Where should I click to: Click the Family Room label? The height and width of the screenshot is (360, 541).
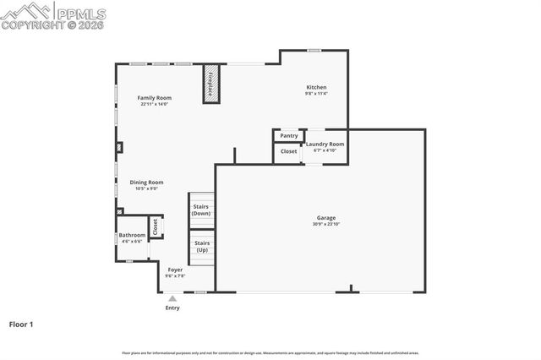pyautogui.click(x=155, y=98)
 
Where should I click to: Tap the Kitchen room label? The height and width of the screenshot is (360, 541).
pyautogui.click(x=316, y=87)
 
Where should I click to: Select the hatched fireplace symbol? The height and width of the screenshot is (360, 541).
pyautogui.click(x=211, y=85)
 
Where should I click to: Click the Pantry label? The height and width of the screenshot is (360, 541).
pyautogui.click(x=289, y=135)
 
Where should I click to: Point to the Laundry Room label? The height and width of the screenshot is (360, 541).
pyautogui.click(x=325, y=145)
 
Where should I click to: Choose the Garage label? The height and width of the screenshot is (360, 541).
pyautogui.click(x=325, y=218)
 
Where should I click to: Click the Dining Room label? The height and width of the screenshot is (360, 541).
pyautogui.click(x=146, y=183)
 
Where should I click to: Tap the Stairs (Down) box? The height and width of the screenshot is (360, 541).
pyautogui.click(x=201, y=210)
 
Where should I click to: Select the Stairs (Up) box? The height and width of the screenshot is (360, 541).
pyautogui.click(x=202, y=247)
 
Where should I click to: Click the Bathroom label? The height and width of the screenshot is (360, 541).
pyautogui.click(x=132, y=236)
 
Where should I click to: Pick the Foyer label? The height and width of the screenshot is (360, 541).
pyautogui.click(x=175, y=270)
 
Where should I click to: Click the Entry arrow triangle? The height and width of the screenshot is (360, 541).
pyautogui.click(x=172, y=298)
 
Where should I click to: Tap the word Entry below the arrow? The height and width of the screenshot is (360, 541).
pyautogui.click(x=172, y=308)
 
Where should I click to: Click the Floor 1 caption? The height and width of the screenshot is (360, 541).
pyautogui.click(x=22, y=324)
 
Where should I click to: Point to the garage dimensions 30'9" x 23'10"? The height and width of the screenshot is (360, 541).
pyautogui.click(x=325, y=224)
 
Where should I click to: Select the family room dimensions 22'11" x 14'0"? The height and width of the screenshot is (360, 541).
pyautogui.click(x=155, y=104)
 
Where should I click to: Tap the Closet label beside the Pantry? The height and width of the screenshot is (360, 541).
pyautogui.click(x=289, y=151)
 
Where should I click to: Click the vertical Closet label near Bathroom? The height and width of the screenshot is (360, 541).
pyautogui.click(x=155, y=226)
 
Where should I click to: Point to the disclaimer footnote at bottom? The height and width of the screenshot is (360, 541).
pyautogui.click(x=270, y=352)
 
